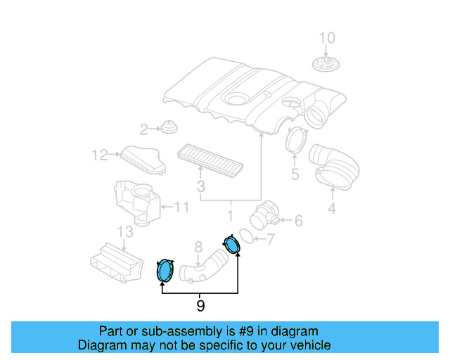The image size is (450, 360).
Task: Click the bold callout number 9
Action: (x=200, y=306)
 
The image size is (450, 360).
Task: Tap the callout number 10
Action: (x=327, y=38)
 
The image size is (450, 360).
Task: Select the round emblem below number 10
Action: (x=326, y=64)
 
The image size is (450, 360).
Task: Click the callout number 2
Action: (x=143, y=129)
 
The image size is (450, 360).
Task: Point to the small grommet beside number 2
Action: (x=169, y=127)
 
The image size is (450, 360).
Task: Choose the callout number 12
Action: (x=100, y=155)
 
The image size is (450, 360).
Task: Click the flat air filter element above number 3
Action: (x=210, y=161)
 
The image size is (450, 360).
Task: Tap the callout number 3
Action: (x=201, y=186)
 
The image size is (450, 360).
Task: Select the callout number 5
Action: (x=295, y=174)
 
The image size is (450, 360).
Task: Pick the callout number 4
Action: (x=332, y=207)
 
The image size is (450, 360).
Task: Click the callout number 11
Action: (x=181, y=207)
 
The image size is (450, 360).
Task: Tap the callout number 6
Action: (x=298, y=221)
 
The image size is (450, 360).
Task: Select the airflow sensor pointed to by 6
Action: (x=264, y=215)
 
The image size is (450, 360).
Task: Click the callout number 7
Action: (x=271, y=239)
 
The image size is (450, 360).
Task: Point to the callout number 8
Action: (x=198, y=247)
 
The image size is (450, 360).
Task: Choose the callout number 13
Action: (x=125, y=232)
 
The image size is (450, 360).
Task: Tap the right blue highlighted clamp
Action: (x=231, y=244)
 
